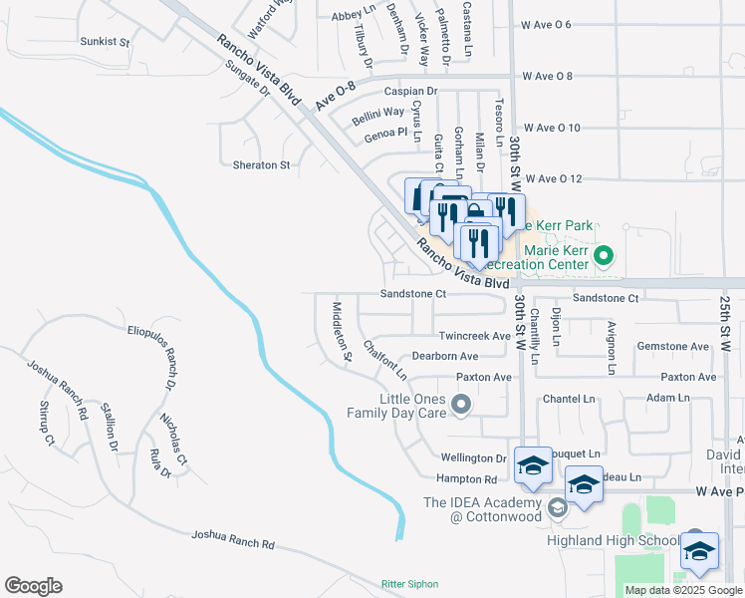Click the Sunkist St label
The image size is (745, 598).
[105, 43]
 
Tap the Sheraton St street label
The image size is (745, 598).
[260, 165]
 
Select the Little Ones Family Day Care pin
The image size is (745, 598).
[460, 404]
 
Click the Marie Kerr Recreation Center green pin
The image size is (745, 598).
[602, 258]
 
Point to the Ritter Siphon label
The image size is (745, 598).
[409, 584]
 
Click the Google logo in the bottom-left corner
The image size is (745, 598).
[33, 586]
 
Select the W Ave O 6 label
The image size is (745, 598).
[547, 24]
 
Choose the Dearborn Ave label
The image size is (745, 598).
[444, 357]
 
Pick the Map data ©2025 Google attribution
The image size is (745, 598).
[683, 590]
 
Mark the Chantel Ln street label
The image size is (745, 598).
[567, 399]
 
